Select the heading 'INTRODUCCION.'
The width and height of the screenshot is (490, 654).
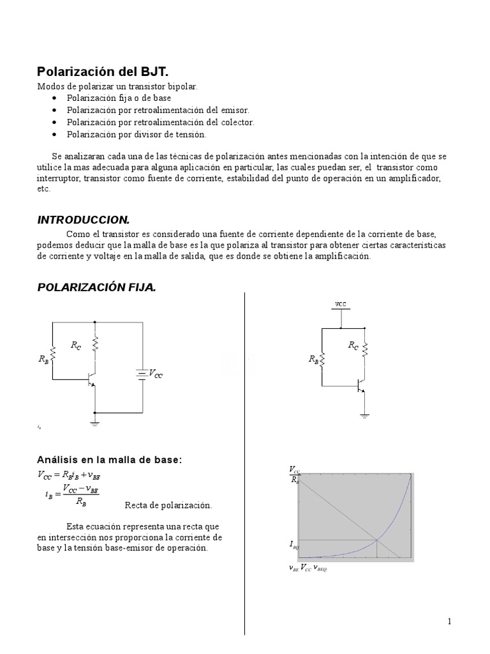click(x=83, y=220)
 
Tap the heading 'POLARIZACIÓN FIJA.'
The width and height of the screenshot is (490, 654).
click(x=96, y=288)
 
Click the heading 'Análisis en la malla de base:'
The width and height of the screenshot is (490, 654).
click(x=110, y=460)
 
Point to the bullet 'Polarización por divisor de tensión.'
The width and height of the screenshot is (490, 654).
click(x=137, y=135)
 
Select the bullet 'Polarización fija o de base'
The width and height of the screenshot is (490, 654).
click(x=119, y=98)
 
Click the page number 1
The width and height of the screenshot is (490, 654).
click(x=449, y=621)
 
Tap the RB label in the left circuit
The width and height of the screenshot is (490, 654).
click(x=43, y=360)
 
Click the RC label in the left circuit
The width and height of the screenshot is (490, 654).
click(x=76, y=346)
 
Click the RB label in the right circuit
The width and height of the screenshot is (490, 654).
click(x=313, y=360)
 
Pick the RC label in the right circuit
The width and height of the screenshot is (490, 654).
click(x=353, y=345)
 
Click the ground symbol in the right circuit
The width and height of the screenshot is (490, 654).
click(x=364, y=416)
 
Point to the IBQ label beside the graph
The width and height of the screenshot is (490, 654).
click(x=292, y=545)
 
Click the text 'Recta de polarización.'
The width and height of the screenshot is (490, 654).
click(x=167, y=505)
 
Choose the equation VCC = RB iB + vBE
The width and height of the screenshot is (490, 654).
click(x=70, y=475)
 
